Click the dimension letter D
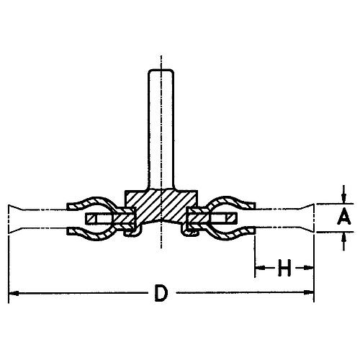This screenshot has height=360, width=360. (161, 293)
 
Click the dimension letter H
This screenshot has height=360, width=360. (284, 267)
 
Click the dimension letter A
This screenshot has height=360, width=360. (344, 216)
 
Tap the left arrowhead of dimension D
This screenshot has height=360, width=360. (14, 293)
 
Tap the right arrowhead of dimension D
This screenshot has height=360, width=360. (309, 292)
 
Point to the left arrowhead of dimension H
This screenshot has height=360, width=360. (260, 267)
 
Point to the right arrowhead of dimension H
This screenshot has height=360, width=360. (309, 267)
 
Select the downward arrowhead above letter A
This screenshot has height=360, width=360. (344, 199)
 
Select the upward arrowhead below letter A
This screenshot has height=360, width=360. (344, 238)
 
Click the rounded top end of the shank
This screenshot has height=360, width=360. (161, 70)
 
